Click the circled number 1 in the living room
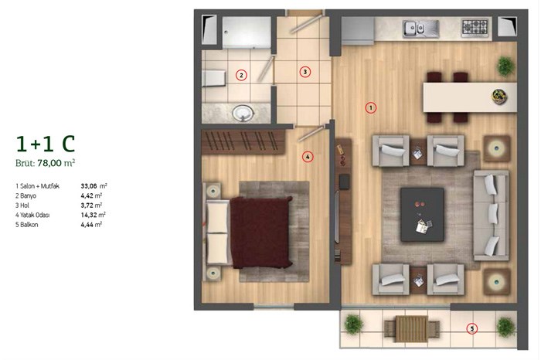[371, 108]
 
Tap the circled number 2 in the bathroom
[241, 75]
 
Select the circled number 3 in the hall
[305, 72]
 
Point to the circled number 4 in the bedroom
[308, 157]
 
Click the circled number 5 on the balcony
[471, 328]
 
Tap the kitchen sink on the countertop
[420, 29]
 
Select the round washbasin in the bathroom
[243, 113]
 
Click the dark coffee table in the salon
[422, 215]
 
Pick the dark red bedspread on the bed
[261, 232]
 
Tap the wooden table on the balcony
[412, 329]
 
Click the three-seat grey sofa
[492, 216]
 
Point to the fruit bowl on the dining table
[499, 96]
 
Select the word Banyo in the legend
[28, 195]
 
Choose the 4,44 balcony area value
[87, 225]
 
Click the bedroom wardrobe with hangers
[243, 141]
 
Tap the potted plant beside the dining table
[505, 66]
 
